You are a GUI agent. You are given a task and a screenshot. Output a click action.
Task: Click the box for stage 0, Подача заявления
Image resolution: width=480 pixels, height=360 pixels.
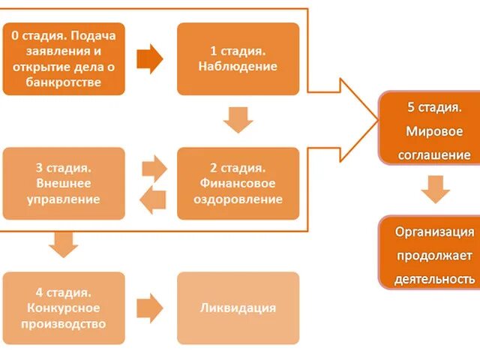point(64,58)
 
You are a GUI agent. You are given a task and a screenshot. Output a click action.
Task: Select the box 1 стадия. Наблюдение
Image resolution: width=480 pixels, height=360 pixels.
point(238,58)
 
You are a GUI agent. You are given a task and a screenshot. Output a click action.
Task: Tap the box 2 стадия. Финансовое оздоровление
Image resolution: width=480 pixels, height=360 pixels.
point(238,183)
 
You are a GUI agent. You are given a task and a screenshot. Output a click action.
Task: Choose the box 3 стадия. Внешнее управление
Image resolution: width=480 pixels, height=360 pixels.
point(64,183)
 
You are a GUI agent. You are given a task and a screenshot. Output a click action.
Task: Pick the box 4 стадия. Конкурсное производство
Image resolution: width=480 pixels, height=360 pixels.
point(64,307)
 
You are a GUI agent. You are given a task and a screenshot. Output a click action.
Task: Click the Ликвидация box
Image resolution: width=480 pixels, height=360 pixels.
point(238,307)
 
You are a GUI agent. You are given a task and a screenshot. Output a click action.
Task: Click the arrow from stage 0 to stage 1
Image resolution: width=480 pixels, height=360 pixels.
point(150,58)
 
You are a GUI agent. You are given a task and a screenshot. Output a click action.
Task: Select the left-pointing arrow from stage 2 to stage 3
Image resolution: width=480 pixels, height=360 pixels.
point(153,199)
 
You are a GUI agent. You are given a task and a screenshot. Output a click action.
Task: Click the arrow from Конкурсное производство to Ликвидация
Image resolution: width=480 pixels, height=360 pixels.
point(150,307)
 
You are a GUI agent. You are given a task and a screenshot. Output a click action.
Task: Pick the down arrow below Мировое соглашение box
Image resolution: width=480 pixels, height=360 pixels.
point(434,189)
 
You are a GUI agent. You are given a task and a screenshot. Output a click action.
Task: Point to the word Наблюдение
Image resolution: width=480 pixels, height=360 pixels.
point(238,66)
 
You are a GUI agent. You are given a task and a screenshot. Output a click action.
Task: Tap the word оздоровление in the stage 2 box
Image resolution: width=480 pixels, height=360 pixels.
point(238,199)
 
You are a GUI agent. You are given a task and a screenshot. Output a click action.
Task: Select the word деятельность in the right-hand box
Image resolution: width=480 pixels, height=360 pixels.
point(435,279)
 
